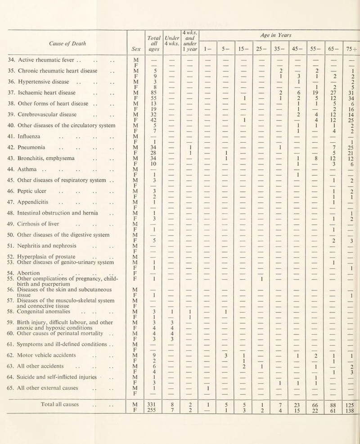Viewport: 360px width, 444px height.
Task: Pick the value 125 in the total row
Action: [350, 424]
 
